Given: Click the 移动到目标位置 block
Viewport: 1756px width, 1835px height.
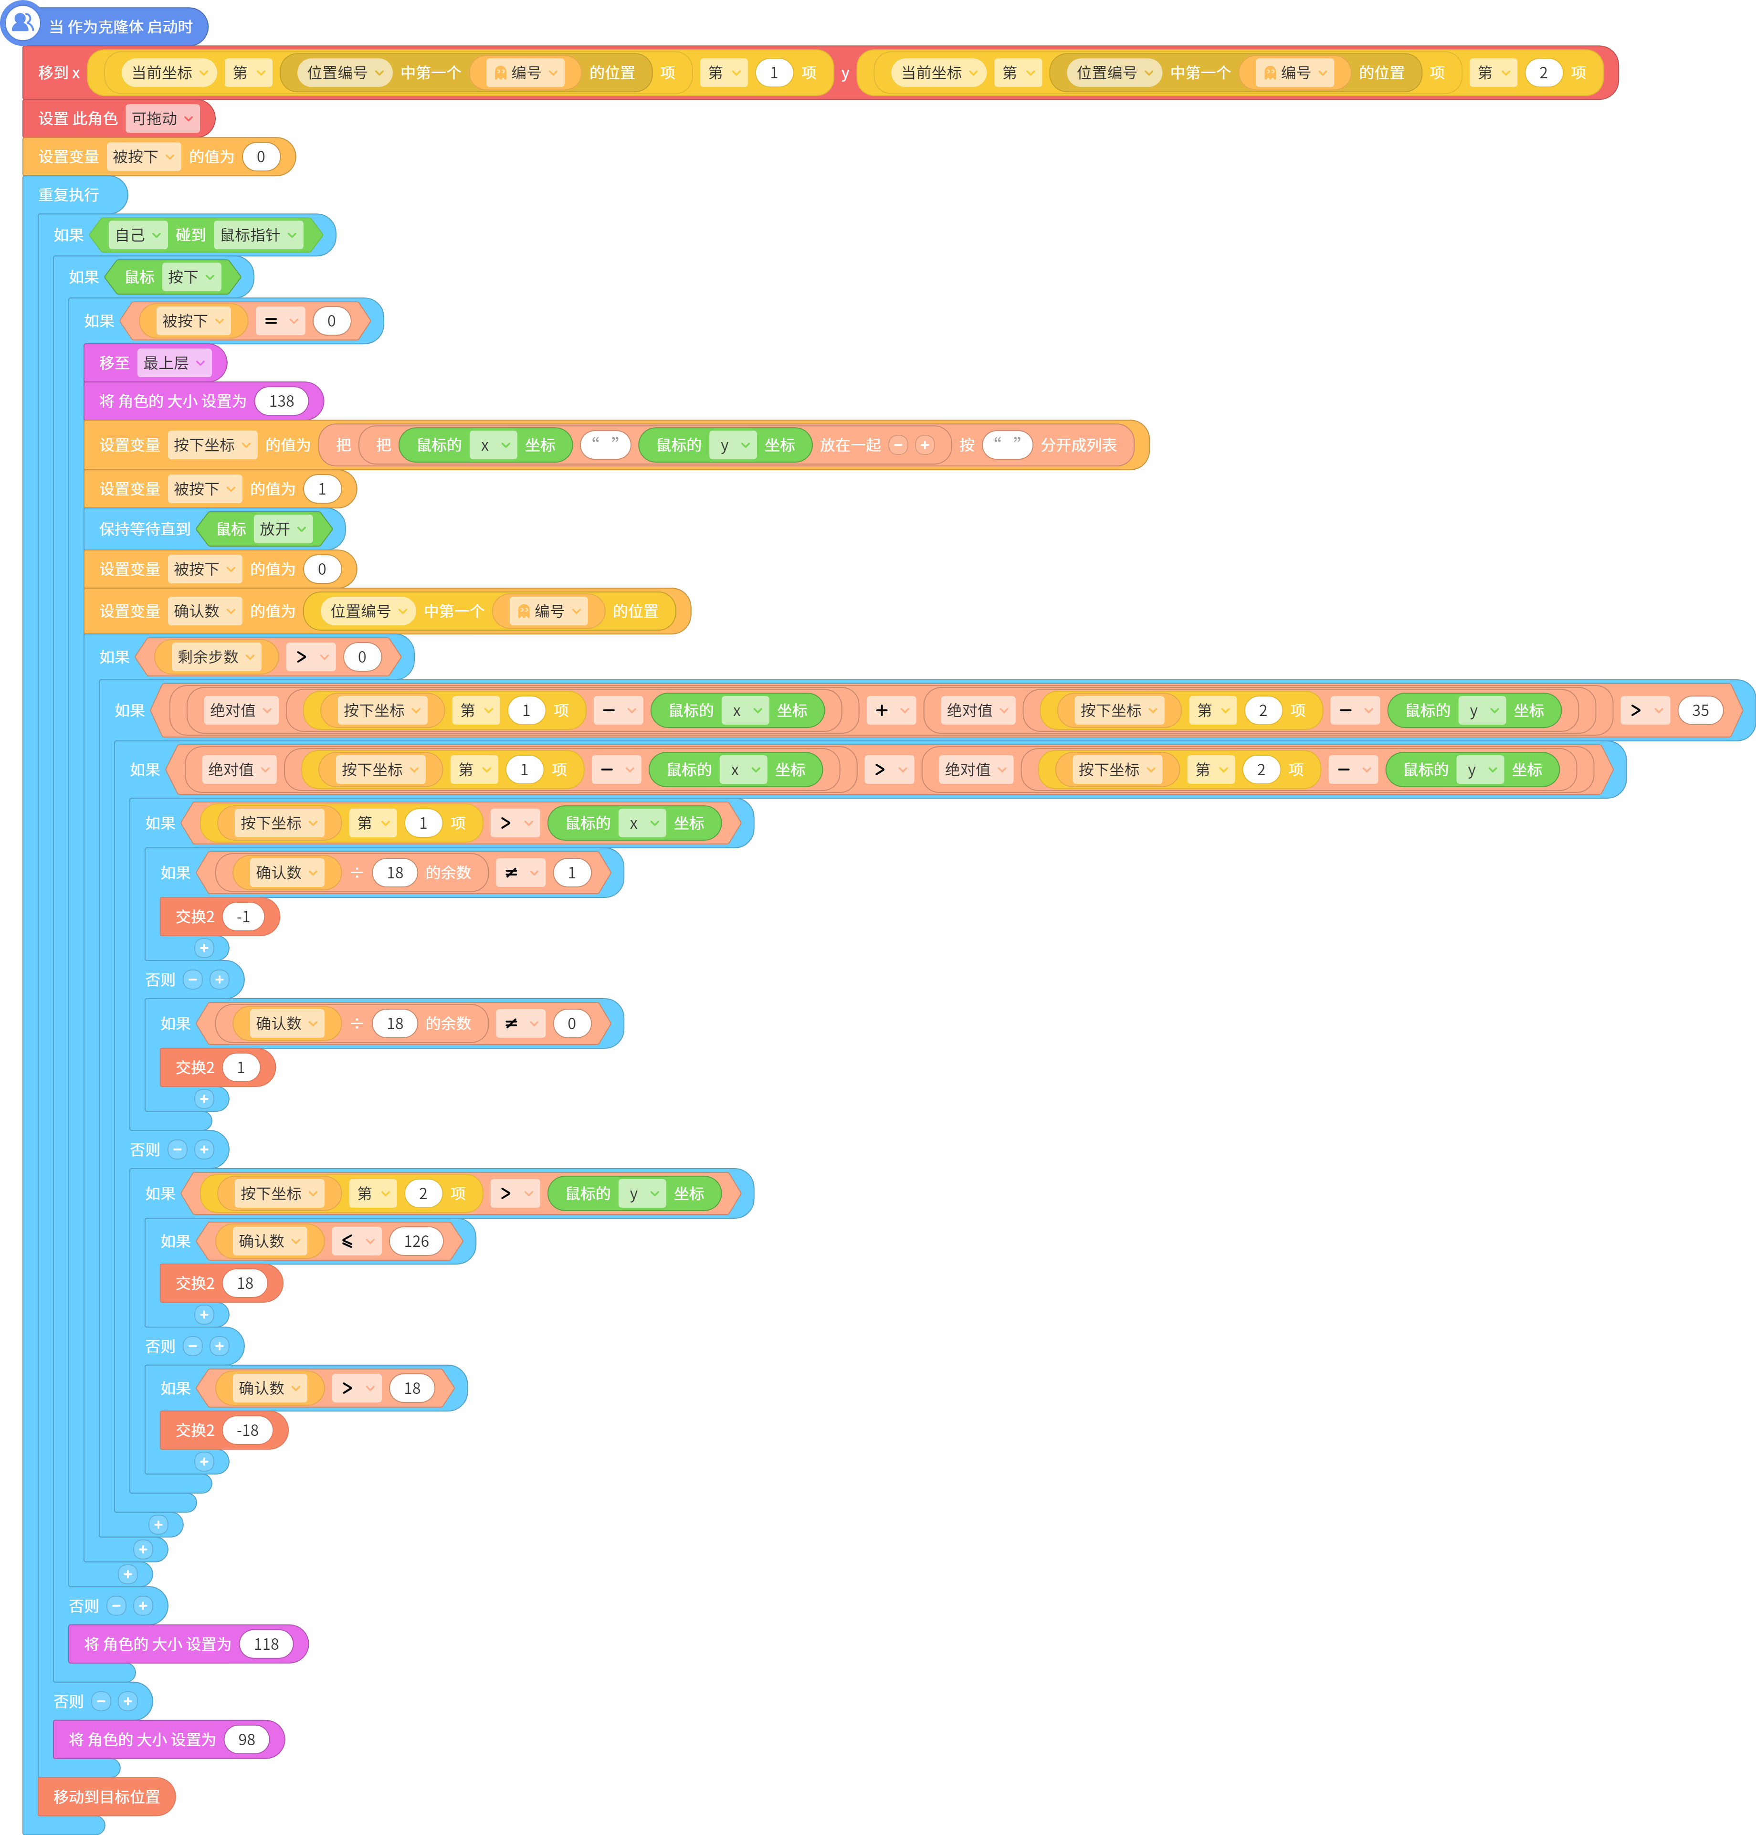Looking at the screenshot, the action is click(107, 1797).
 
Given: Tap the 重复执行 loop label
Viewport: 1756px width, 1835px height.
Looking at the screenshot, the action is click(68, 195).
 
